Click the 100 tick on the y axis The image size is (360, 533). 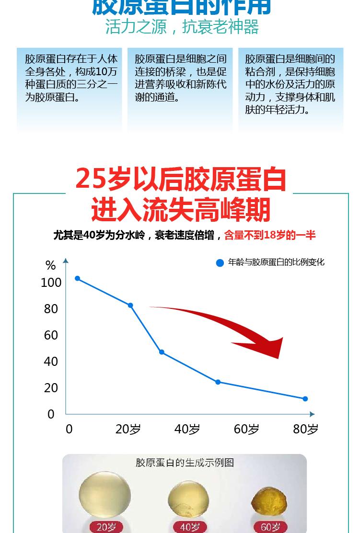tap(51, 283)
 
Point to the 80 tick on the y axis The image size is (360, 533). tap(51, 309)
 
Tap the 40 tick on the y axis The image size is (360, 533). tap(51, 362)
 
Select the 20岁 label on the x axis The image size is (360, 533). tap(128, 429)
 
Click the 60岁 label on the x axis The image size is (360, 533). tap(246, 429)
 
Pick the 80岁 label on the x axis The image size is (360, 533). tap(305, 429)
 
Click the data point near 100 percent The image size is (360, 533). tap(78, 279)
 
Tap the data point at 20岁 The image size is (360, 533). tap(130, 306)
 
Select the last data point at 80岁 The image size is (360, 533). tap(305, 399)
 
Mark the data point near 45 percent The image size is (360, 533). tap(162, 352)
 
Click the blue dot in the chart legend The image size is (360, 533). tap(220, 263)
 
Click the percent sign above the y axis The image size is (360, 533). tap(50, 265)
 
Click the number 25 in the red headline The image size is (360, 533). tap(89, 180)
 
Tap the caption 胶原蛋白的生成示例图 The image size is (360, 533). tap(185, 463)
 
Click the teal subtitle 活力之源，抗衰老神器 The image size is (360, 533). tap(182, 27)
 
